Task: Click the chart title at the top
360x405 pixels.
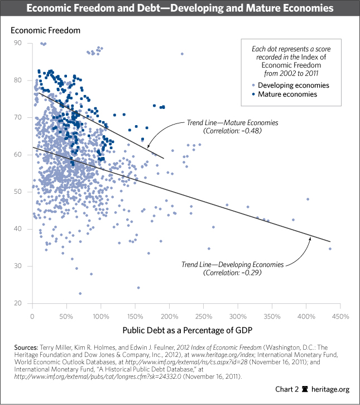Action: (180, 9)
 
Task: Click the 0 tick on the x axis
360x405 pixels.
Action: (32, 317)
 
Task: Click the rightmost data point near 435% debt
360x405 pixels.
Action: (330, 249)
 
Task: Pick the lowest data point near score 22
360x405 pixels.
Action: (80, 293)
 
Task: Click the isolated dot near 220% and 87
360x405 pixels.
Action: (182, 54)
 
